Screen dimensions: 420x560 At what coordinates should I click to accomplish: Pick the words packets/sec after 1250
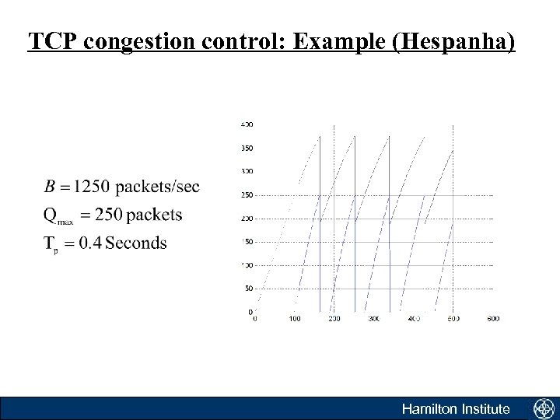pyautogui.click(x=155, y=187)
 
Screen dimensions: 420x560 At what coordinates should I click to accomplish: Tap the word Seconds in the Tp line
pyautogui.click(x=136, y=243)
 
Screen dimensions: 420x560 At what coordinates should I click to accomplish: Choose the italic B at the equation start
pyautogui.click(x=50, y=187)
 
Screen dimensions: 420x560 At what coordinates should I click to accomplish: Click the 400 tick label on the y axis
pyautogui.click(x=247, y=124)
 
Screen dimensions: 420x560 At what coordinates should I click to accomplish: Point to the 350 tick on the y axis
pyautogui.click(x=247, y=148)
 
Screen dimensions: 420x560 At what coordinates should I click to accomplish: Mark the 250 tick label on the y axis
pyautogui.click(x=247, y=194)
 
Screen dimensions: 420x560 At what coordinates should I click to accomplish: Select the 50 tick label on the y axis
pyautogui.click(x=248, y=289)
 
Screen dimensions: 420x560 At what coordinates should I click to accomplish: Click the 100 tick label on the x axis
pyautogui.click(x=295, y=319)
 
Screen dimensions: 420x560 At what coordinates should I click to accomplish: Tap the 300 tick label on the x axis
pyautogui.click(x=374, y=319)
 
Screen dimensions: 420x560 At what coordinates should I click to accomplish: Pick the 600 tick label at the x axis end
pyautogui.click(x=493, y=319)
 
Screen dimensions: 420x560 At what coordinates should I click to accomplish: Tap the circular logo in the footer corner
pyautogui.click(x=543, y=409)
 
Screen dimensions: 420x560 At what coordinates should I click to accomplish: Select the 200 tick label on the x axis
pyautogui.click(x=334, y=319)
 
